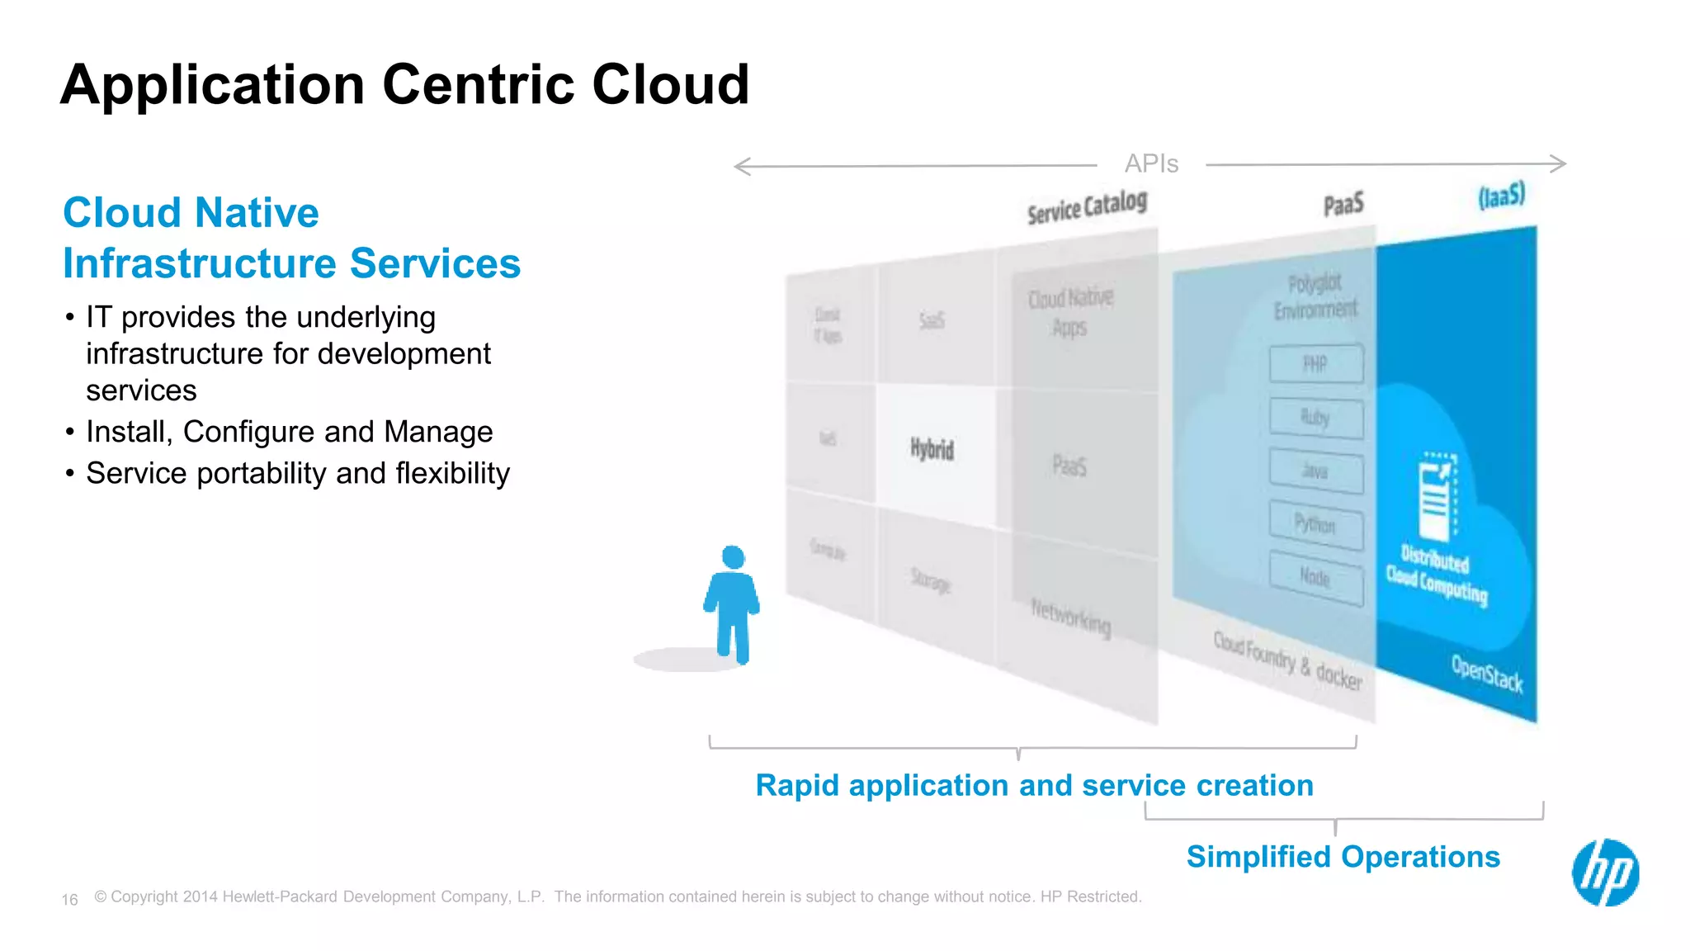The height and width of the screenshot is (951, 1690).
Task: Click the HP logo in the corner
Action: point(1605,873)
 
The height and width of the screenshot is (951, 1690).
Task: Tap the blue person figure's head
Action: point(733,557)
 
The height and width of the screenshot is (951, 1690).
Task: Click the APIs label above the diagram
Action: point(1151,163)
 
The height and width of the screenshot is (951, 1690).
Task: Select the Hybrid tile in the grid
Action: point(932,449)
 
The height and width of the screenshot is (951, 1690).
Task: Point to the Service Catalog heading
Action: point(1087,207)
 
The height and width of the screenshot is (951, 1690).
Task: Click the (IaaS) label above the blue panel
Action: point(1501,196)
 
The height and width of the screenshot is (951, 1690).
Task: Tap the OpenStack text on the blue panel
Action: point(1487,673)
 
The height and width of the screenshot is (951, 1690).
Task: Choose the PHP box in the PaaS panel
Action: point(1315,364)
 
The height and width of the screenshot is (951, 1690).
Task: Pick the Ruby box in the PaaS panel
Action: point(1315,418)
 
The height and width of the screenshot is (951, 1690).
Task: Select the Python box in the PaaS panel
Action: point(1315,524)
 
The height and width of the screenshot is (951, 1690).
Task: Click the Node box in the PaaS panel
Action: point(1315,577)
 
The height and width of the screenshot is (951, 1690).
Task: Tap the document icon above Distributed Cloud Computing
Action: point(1437,495)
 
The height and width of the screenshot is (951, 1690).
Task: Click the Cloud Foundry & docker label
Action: point(1287,660)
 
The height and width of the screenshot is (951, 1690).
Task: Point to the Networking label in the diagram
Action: point(1071,617)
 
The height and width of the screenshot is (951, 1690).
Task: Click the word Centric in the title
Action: point(478,84)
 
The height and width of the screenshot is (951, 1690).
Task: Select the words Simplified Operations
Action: point(1343,857)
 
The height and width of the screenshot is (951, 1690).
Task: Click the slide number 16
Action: point(69,900)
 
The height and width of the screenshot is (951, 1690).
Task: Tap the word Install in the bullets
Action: point(128,432)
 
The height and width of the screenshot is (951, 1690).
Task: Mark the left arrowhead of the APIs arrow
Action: point(737,167)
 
